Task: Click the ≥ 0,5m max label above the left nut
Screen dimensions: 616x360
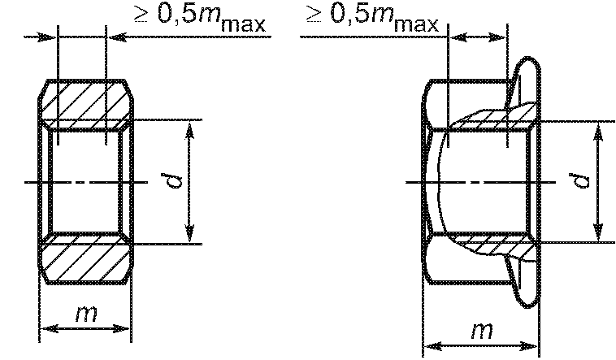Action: coord(201,17)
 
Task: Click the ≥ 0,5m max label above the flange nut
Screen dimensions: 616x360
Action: coord(372,17)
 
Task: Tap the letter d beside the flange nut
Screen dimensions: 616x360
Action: coord(581,180)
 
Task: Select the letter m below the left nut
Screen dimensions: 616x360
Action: coord(86,314)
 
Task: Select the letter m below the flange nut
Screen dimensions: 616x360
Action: coord(482,331)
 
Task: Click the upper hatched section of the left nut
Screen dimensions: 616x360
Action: coord(86,104)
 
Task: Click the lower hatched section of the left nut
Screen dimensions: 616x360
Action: coord(86,258)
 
